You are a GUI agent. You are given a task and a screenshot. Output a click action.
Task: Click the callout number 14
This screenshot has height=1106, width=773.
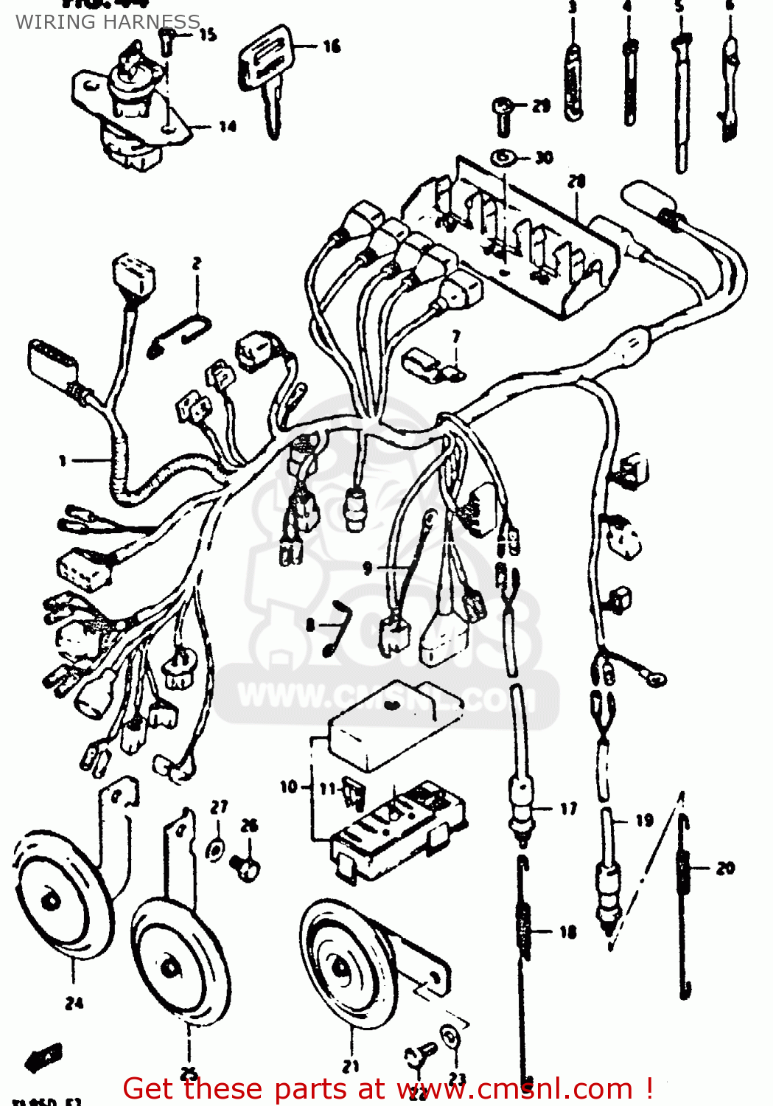[228, 127]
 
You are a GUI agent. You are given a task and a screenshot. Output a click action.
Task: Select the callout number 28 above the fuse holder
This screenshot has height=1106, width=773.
[576, 181]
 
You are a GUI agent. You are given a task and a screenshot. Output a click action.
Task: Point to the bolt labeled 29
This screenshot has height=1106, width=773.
[503, 114]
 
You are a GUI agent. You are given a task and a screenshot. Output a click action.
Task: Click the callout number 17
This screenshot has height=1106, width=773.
[568, 809]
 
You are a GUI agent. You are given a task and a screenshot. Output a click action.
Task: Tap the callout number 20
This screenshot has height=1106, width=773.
[725, 868]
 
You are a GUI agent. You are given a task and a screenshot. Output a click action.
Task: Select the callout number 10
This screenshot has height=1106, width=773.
[289, 787]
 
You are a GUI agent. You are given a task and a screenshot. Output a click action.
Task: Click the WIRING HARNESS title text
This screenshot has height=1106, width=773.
[108, 22]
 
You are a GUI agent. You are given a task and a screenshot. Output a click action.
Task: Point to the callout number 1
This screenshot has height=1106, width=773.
[63, 461]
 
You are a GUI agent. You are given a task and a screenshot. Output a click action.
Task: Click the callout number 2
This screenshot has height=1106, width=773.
[197, 263]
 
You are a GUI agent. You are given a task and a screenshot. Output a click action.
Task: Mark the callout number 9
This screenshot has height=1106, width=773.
[368, 568]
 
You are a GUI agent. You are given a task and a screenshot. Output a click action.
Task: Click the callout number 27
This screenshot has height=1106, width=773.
[220, 807]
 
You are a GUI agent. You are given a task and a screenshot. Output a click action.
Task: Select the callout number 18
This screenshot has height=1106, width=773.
[567, 932]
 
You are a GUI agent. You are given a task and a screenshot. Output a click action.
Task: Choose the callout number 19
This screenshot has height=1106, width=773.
[644, 820]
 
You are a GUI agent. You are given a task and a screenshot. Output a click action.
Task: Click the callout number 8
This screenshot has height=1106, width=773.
[311, 625]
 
